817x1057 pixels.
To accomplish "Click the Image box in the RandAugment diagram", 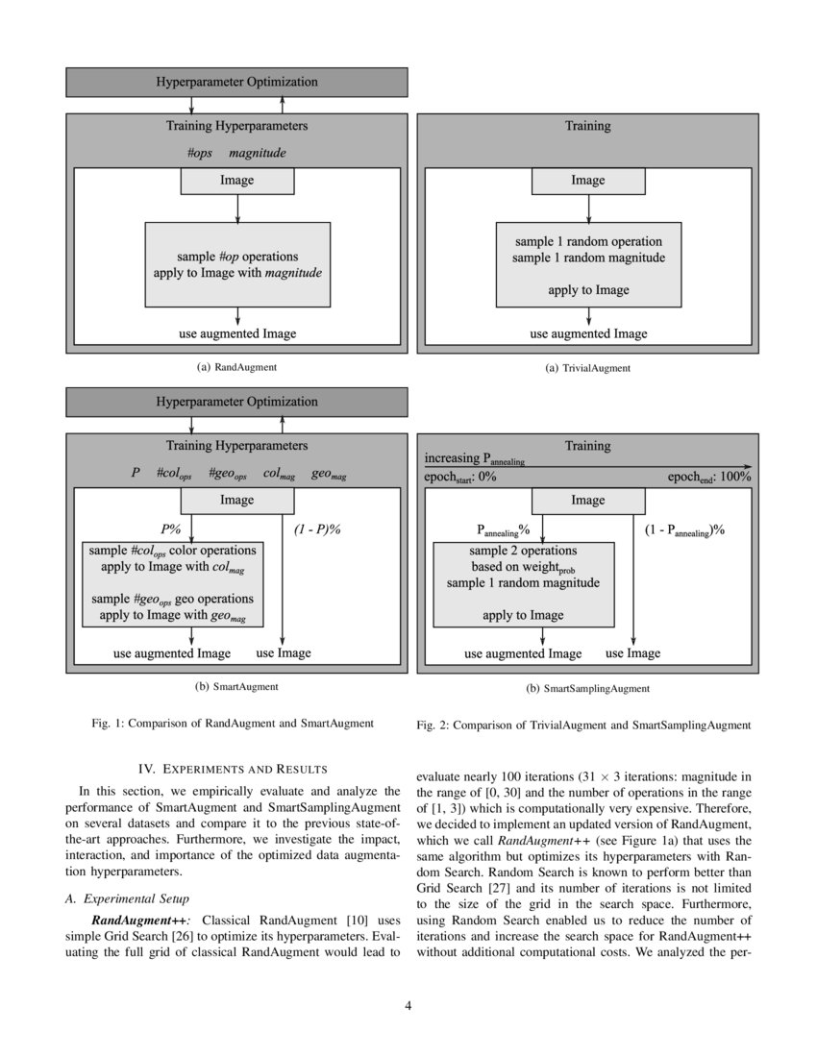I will [x=237, y=180].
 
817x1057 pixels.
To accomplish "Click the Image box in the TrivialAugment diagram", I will [x=587, y=180].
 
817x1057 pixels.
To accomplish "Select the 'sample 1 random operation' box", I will [x=587, y=265].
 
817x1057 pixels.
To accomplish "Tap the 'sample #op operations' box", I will [x=237, y=264].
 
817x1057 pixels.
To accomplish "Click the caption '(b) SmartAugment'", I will [x=236, y=687].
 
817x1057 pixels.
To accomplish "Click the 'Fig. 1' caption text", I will [x=236, y=723].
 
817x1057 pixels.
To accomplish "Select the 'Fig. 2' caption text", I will [x=583, y=725].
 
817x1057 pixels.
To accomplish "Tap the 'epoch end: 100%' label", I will [x=709, y=477].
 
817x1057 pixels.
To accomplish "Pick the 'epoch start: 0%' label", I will [x=460, y=477].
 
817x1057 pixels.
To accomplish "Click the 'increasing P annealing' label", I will [x=475, y=459].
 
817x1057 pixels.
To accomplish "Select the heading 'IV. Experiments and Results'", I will [x=233, y=769].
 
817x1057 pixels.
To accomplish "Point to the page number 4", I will [x=408, y=1005].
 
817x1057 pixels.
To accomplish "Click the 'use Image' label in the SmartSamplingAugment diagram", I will [x=632, y=653].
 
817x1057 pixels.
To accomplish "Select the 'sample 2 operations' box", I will [x=523, y=583].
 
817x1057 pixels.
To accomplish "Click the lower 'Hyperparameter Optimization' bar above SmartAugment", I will [x=236, y=402].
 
